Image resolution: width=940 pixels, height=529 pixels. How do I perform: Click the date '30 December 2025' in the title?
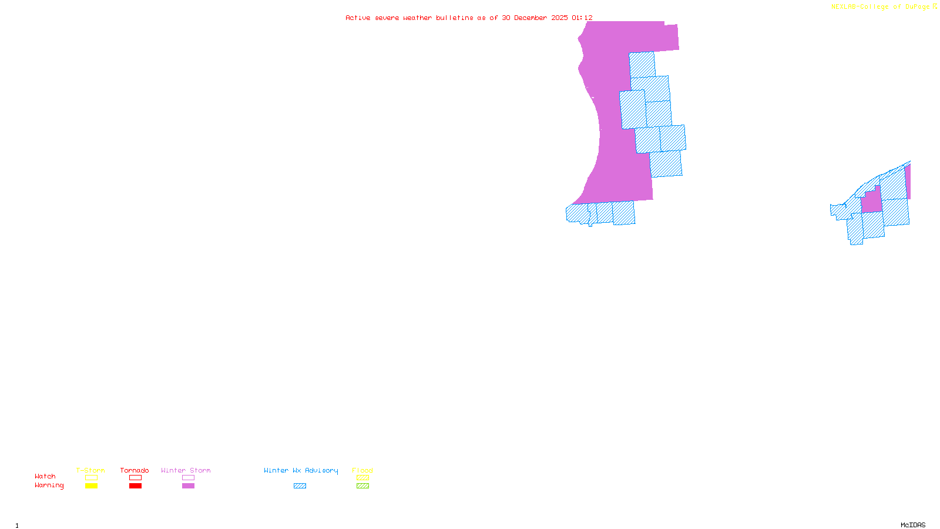(x=535, y=18)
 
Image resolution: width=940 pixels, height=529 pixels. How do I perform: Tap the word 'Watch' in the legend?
(x=45, y=476)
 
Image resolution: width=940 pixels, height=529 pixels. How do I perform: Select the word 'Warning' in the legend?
(x=49, y=486)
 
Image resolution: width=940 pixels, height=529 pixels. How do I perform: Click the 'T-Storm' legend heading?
(x=90, y=470)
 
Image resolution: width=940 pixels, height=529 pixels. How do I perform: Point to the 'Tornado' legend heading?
(x=135, y=470)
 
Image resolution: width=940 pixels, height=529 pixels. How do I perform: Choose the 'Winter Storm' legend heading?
(x=186, y=470)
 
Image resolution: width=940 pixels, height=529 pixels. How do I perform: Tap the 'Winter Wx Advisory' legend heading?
(x=301, y=470)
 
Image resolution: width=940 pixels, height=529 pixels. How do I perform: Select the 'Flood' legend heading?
(x=362, y=470)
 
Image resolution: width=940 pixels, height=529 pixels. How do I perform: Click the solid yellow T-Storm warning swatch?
(x=91, y=486)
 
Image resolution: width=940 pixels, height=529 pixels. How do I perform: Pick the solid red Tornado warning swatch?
(x=135, y=486)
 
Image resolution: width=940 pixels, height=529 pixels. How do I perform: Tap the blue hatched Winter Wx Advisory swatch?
(x=300, y=486)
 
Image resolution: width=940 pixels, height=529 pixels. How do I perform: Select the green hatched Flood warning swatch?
(x=362, y=486)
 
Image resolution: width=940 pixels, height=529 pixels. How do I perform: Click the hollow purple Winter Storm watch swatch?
(x=188, y=478)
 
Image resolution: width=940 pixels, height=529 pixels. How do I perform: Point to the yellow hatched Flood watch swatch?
(x=362, y=478)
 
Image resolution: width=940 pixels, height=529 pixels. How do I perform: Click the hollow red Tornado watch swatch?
(x=135, y=478)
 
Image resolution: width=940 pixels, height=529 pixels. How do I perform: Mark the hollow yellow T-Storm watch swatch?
(x=91, y=478)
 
